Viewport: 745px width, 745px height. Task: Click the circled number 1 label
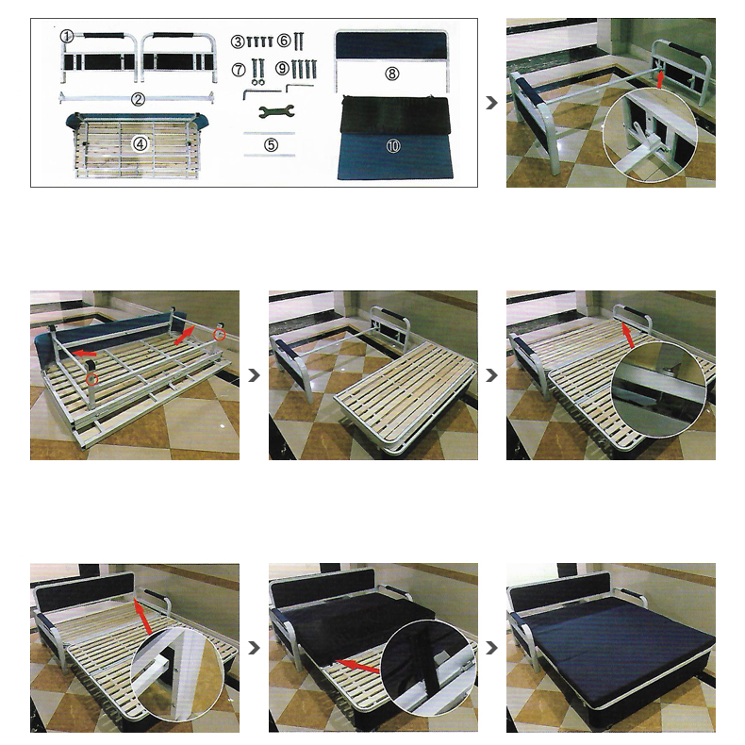(x=67, y=36)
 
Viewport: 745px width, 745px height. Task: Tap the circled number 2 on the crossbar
(x=138, y=99)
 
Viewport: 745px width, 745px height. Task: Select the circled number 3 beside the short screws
(x=238, y=41)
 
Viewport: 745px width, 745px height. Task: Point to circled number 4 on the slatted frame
(x=140, y=144)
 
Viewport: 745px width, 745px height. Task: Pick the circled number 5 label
(x=271, y=144)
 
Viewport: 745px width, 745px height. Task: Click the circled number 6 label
(x=284, y=41)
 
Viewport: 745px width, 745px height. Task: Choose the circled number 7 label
(x=239, y=70)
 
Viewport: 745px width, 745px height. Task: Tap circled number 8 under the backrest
(x=392, y=74)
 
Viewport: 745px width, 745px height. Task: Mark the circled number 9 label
(x=282, y=69)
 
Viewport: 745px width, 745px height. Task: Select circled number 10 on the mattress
(x=393, y=146)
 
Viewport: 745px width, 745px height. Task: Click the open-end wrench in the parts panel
(x=276, y=111)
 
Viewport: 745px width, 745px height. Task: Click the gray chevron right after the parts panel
(x=491, y=103)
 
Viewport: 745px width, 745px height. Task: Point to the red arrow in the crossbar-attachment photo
(x=660, y=79)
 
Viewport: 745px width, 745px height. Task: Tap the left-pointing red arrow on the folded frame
(x=84, y=353)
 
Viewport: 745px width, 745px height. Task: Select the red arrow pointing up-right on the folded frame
(x=184, y=335)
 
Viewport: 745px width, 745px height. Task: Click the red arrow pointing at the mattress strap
(x=357, y=666)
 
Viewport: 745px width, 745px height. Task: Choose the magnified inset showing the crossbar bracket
(x=650, y=135)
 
